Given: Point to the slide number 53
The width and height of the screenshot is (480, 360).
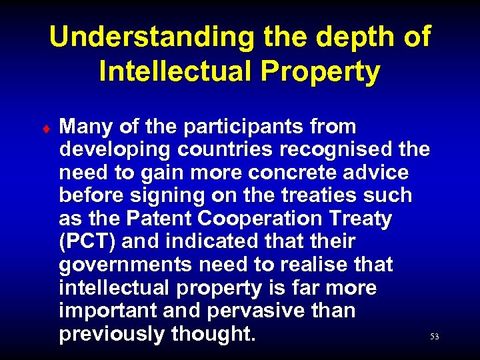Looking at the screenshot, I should pyautogui.click(x=435, y=337).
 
